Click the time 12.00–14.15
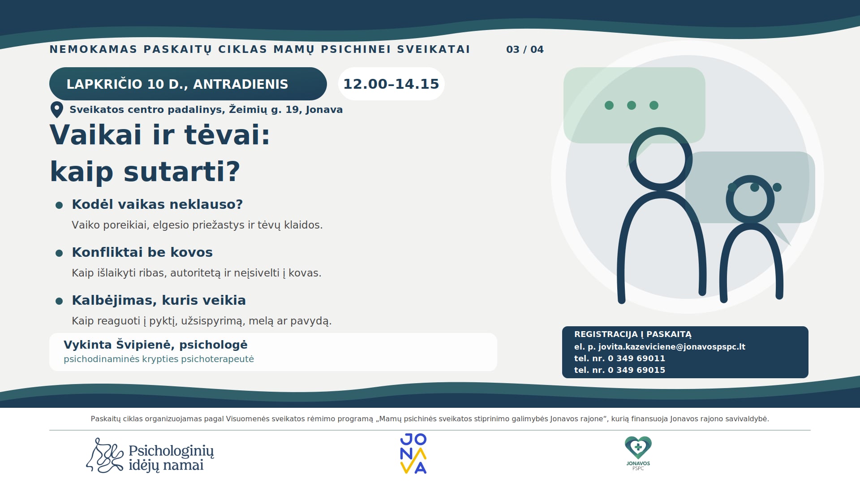pos(391,84)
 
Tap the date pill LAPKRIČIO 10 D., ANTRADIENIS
pos(188,84)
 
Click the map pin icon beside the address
pos(56,110)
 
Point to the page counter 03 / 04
pos(525,49)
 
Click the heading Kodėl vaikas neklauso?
pos(157,204)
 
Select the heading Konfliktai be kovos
pos(142,252)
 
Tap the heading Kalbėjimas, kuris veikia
pos(159,300)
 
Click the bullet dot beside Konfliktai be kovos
pos(59,253)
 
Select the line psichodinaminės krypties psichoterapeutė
pos(159,359)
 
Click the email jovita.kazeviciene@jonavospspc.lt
pos(672,346)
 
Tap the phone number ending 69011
pos(636,358)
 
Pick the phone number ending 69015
pos(636,370)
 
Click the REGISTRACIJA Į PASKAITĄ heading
pos(633,334)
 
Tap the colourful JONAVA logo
pos(413,453)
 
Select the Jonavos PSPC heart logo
pos(638,453)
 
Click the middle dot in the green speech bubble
pos(632,105)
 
